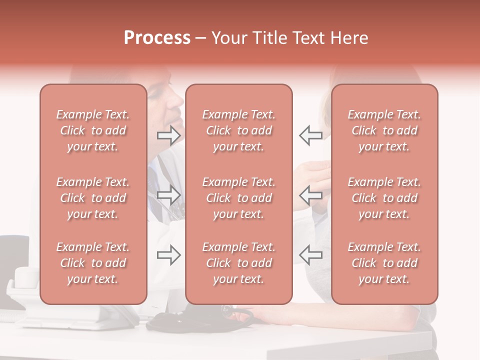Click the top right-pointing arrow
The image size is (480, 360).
click(x=169, y=135)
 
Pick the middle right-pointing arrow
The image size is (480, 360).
click(x=169, y=195)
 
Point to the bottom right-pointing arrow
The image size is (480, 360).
click(x=169, y=255)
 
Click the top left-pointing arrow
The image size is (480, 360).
click(x=310, y=135)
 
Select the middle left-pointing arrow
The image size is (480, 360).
click(x=310, y=195)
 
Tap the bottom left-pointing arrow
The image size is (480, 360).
click(x=310, y=255)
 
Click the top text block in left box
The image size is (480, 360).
click(x=93, y=130)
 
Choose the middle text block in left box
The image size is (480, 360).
click(x=93, y=198)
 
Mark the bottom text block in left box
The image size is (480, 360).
click(x=93, y=263)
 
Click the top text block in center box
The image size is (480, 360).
click(x=239, y=130)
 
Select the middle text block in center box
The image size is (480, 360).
click(x=239, y=198)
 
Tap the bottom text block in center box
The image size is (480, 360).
click(x=239, y=263)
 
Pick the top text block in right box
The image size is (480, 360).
click(x=384, y=130)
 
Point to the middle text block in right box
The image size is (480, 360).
click(x=384, y=198)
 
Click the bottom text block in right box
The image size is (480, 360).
click(x=384, y=263)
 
